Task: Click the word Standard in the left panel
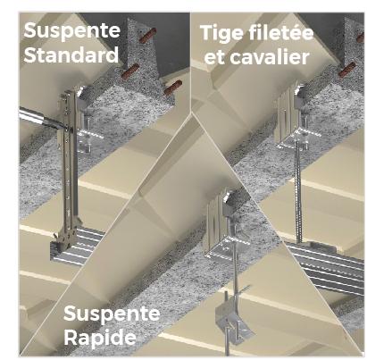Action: click(71, 54)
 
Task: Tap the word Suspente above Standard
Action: click(72, 30)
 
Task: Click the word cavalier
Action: click(270, 56)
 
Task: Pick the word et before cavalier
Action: click(214, 58)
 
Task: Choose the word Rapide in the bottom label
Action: click(100, 338)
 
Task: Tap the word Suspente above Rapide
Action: click(112, 313)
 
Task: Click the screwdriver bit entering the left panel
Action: click(43, 119)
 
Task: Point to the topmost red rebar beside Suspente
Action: click(146, 35)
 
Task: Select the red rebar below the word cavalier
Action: click(346, 70)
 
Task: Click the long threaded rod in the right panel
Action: click(298, 190)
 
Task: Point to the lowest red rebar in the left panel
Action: click(172, 88)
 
